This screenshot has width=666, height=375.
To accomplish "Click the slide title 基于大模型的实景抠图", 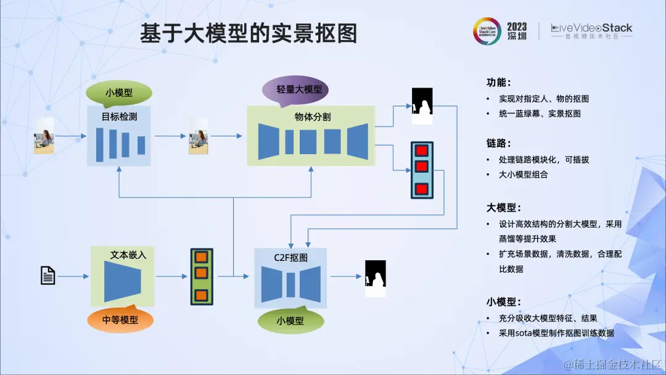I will (x=248, y=33).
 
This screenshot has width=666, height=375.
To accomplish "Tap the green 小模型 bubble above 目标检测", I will (x=118, y=93).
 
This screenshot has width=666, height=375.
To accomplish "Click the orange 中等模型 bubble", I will (x=120, y=319).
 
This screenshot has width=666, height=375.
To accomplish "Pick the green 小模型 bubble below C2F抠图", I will (x=290, y=321).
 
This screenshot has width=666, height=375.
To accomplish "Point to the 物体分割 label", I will (x=312, y=116).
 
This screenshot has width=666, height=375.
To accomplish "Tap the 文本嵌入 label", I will (x=128, y=254).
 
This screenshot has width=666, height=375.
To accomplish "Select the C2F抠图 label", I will (x=290, y=257).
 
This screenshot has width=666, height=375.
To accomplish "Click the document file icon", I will (x=48, y=275).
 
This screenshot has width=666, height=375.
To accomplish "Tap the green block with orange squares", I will (x=201, y=277).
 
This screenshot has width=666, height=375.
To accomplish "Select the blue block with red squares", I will (x=422, y=170).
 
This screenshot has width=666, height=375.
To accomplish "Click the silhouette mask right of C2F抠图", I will (x=375, y=278).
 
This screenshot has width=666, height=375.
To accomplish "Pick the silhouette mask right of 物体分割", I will (x=422, y=105).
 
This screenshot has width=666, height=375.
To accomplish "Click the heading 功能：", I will (x=499, y=82).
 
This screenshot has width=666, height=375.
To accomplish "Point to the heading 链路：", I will (x=499, y=143).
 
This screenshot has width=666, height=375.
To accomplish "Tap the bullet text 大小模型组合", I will (x=523, y=175).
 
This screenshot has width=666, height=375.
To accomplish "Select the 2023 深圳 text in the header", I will (x=517, y=31).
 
